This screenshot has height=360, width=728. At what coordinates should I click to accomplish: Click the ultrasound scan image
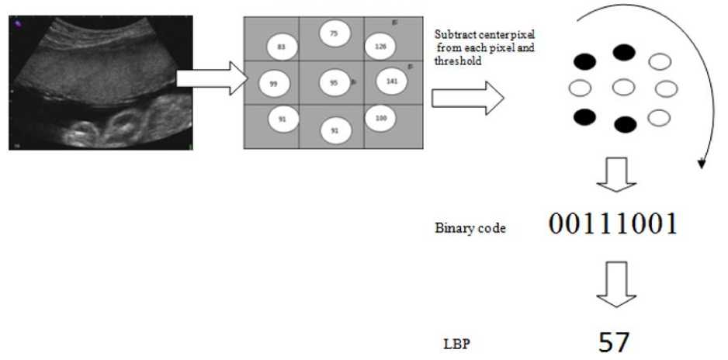(101, 81)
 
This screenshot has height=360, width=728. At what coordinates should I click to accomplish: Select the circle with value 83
(281, 47)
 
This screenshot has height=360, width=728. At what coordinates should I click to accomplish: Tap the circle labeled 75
(334, 33)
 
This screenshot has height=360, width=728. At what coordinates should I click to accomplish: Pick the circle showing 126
(380, 46)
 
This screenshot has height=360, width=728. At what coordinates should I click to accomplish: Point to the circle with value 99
(273, 83)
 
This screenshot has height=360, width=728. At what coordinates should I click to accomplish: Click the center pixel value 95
(333, 82)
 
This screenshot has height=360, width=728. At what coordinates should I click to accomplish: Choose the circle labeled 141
(390, 80)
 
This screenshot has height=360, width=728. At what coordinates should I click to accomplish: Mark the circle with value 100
(380, 118)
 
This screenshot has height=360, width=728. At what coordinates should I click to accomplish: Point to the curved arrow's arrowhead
(702, 163)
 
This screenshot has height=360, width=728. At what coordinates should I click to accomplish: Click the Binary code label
(471, 229)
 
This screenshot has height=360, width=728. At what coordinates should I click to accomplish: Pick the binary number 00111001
(613, 224)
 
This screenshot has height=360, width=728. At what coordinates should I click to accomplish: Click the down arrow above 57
(615, 289)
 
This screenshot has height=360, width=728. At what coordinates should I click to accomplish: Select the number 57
(614, 342)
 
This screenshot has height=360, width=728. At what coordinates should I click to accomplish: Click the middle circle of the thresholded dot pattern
(624, 88)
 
